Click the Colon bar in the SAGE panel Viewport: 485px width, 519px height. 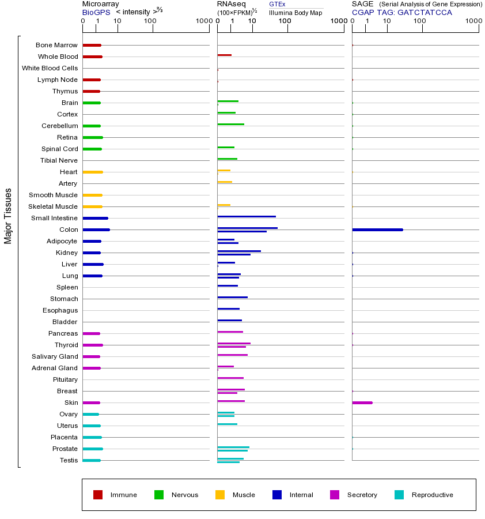377,230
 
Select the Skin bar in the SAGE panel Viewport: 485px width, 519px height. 362,403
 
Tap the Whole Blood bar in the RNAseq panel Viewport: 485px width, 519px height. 224,55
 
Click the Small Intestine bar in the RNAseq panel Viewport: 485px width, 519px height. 247,216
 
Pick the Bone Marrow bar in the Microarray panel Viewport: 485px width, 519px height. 92,45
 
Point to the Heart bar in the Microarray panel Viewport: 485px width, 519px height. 92,172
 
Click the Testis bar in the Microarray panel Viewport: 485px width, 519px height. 91,460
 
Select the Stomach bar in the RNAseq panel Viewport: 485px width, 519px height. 232,297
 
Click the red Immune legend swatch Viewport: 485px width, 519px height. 98,495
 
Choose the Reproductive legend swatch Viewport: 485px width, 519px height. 399,495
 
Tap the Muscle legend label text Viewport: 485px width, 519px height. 244,495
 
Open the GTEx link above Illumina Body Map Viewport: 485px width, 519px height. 277,4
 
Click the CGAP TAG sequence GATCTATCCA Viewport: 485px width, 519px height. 425,12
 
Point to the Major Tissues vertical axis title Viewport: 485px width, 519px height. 8,216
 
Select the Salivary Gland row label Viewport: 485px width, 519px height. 55,356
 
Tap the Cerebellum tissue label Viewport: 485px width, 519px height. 59,126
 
